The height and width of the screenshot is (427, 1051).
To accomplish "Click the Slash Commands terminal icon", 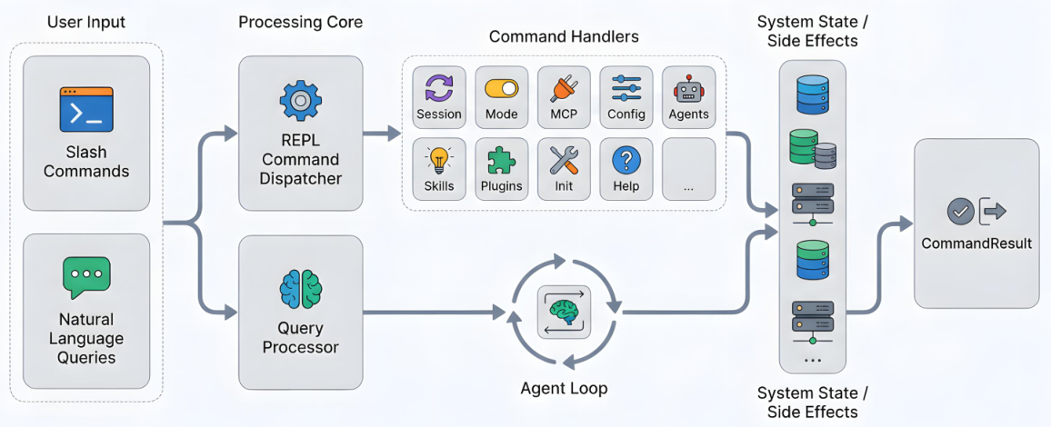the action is point(86,109).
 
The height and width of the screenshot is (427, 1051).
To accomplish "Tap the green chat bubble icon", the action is point(85,277).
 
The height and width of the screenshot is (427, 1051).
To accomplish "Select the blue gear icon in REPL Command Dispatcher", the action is point(300,100).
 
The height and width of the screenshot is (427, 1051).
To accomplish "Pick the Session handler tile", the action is point(439,97).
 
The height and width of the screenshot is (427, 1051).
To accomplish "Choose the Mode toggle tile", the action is point(501,97).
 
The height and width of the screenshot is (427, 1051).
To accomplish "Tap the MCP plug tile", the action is point(564,97).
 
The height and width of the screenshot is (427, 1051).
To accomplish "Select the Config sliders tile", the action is point(626,97).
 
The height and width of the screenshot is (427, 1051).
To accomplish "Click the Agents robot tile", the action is point(688,97).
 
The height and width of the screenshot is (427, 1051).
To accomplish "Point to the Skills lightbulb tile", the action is point(439,169).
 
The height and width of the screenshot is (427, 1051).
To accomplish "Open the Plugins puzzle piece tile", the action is point(501,169).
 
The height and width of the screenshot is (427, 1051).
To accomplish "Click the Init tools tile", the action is point(564,169).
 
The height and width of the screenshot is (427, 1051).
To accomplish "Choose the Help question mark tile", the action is point(626,169).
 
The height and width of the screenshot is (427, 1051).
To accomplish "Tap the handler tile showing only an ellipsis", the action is point(688,169).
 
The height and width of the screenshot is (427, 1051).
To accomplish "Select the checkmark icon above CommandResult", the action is point(960,212).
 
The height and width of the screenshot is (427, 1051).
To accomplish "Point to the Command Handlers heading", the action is point(564,36).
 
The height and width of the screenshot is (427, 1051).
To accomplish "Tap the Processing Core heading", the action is point(300,22).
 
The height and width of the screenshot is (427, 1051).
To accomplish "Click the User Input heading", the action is point(85,22).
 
